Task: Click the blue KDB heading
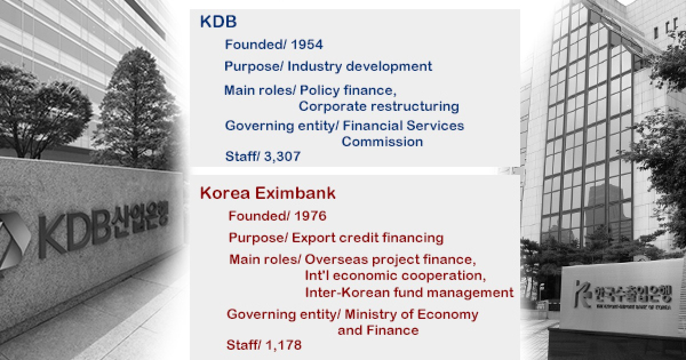tap(218, 22)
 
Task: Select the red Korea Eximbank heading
tap(268, 193)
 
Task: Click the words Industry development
tap(360, 66)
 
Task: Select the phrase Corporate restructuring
tap(378, 106)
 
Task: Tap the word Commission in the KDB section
tap(382, 142)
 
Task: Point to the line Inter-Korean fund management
tap(409, 293)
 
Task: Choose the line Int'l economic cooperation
tap(396, 276)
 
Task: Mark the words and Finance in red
tap(378, 330)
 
